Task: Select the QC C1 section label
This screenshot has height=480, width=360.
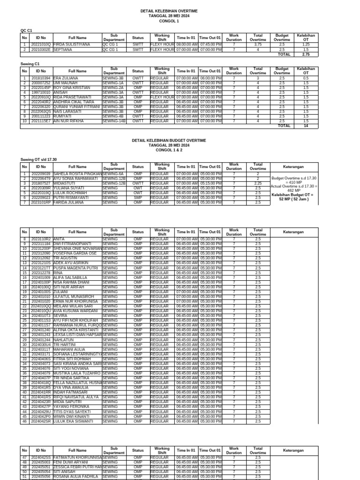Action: (26, 30)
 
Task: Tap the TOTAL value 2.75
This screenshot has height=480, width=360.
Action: (306, 54)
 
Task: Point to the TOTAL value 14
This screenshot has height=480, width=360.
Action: (306, 126)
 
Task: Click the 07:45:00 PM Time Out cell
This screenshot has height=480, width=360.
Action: (210, 44)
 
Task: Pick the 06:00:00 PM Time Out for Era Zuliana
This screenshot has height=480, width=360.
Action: (210, 78)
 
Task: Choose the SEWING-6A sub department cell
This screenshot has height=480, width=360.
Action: (113, 174)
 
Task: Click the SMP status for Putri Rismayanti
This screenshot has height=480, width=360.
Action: (138, 198)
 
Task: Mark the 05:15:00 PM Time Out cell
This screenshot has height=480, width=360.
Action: (210, 183)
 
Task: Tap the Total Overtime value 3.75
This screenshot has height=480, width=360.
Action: (258, 44)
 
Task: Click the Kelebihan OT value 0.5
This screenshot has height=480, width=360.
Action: (306, 78)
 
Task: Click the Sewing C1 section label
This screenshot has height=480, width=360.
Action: (30, 63)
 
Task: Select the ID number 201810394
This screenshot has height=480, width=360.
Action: (41, 78)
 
